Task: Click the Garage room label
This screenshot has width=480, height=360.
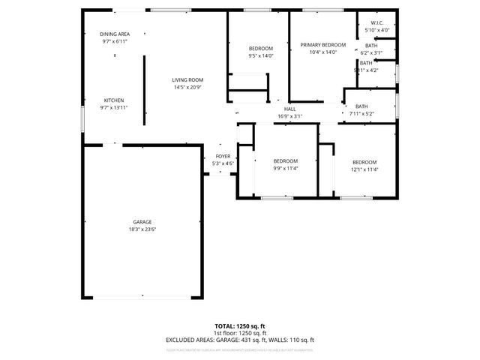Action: click(142, 222)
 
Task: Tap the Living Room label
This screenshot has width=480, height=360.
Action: click(187, 80)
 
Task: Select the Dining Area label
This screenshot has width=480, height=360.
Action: click(115, 34)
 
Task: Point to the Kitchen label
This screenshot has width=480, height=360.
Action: click(114, 100)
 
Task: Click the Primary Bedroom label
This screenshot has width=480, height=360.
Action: click(323, 45)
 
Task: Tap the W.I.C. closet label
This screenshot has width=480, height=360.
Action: click(376, 23)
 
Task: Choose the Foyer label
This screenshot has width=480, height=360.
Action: click(223, 156)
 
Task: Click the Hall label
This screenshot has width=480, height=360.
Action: click(289, 109)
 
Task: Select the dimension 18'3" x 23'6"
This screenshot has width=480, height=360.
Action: click(142, 229)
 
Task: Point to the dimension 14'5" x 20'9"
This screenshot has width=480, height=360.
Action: click(187, 88)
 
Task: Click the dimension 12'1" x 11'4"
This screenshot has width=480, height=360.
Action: click(364, 169)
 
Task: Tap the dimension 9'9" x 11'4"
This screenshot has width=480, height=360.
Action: click(285, 169)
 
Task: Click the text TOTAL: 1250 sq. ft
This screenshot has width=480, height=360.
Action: click(240, 326)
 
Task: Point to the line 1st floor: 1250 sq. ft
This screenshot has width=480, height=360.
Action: click(240, 333)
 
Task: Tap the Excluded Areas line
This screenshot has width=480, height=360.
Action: click(240, 340)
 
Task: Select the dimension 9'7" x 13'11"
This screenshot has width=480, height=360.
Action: click(114, 108)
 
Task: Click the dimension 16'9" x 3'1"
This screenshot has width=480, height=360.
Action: click(289, 116)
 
